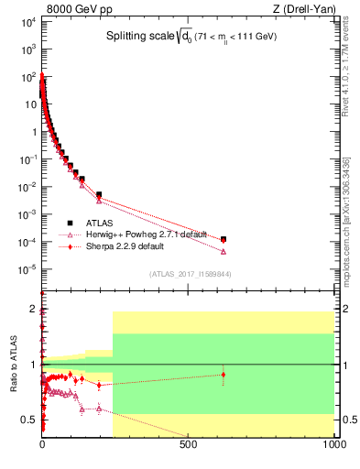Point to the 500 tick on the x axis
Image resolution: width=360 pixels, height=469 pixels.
pyautogui.click(x=189, y=444)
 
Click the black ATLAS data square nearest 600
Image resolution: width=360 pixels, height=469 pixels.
pyautogui.click(x=224, y=239)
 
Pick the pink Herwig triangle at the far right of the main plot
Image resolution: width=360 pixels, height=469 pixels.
pyautogui.click(x=224, y=251)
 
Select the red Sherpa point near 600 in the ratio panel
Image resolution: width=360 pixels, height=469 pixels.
pyautogui.click(x=224, y=374)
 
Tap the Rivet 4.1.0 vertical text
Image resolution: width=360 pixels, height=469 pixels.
pyautogui.click(x=347, y=64)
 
